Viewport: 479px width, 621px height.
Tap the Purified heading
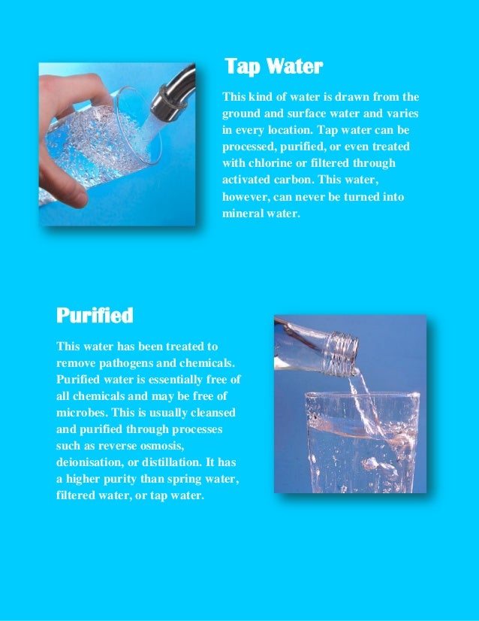pos(95,315)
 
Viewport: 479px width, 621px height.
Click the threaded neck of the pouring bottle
pos(342,354)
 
